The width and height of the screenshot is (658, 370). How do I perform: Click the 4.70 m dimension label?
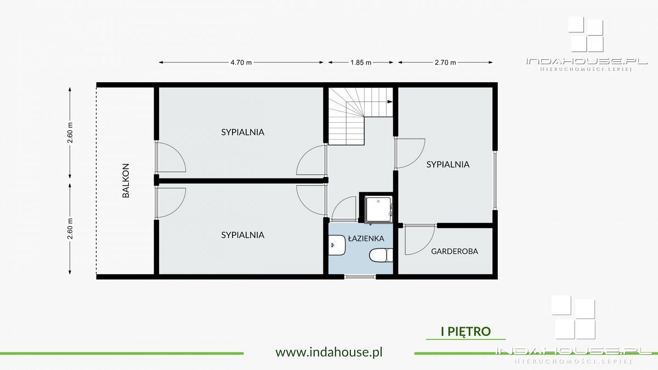point(241,62)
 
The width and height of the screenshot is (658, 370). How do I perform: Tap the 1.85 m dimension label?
point(361,62)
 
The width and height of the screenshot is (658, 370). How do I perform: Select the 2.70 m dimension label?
point(445,62)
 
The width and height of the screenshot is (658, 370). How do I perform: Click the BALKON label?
point(126,180)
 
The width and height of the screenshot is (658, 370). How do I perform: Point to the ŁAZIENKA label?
point(366,238)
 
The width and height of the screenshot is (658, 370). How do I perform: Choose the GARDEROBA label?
point(455,252)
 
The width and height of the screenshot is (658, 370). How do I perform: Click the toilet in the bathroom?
point(381,255)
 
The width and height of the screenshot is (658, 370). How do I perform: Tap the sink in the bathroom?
point(337,245)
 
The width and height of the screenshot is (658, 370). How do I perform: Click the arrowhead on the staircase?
point(390,102)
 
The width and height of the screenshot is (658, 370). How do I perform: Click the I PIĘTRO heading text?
point(466,331)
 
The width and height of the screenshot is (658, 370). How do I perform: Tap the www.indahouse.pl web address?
point(329,352)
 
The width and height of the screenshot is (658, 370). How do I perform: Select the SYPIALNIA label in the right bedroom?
point(448,164)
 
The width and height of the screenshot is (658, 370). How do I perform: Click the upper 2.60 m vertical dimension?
point(70,133)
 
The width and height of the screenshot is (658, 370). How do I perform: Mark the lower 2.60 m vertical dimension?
point(70,229)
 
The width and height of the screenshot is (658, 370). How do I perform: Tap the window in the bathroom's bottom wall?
point(360,277)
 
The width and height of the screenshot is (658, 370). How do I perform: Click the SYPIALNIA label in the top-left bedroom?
point(242,132)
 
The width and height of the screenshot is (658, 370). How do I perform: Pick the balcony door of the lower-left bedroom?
point(156,203)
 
